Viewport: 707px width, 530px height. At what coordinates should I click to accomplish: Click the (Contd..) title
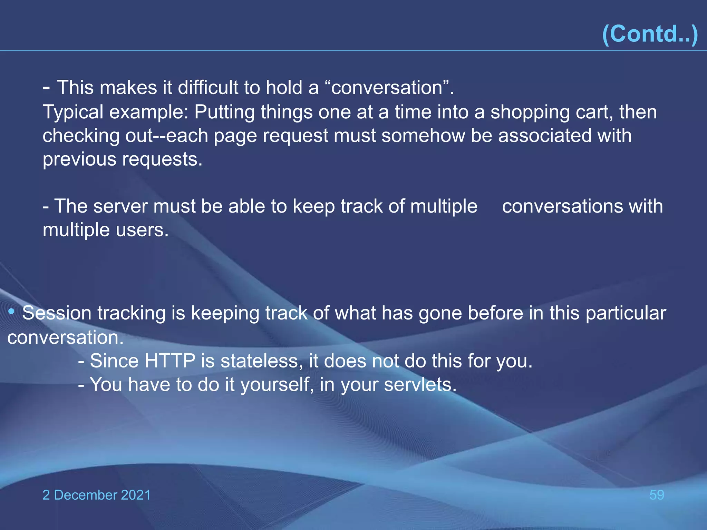650,34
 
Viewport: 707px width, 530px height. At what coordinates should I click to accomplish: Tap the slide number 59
657,495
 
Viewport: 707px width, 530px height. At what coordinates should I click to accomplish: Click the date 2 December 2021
96,495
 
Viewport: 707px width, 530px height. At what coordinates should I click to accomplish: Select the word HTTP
170,361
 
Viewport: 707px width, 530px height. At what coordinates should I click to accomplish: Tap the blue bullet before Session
11,312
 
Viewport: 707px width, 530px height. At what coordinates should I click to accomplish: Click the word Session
57,313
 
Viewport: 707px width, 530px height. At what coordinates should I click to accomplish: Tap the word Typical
73,112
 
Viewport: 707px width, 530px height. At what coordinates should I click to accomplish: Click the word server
120,206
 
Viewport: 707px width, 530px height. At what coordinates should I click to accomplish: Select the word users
142,230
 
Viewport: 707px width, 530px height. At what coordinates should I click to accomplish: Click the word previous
79,159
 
